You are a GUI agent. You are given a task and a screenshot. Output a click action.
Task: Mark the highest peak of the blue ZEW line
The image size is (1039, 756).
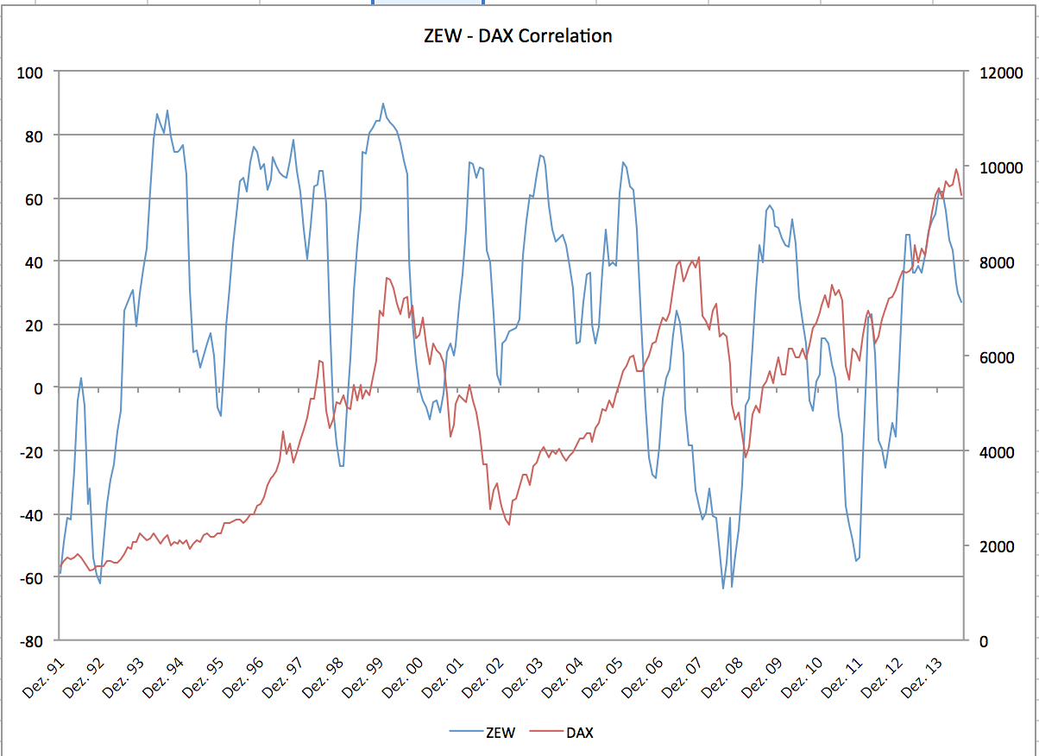tap(383, 104)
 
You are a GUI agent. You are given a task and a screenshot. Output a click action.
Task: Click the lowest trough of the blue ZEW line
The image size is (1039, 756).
tap(724, 589)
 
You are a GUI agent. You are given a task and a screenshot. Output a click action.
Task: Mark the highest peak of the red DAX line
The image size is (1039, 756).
tap(956, 169)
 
